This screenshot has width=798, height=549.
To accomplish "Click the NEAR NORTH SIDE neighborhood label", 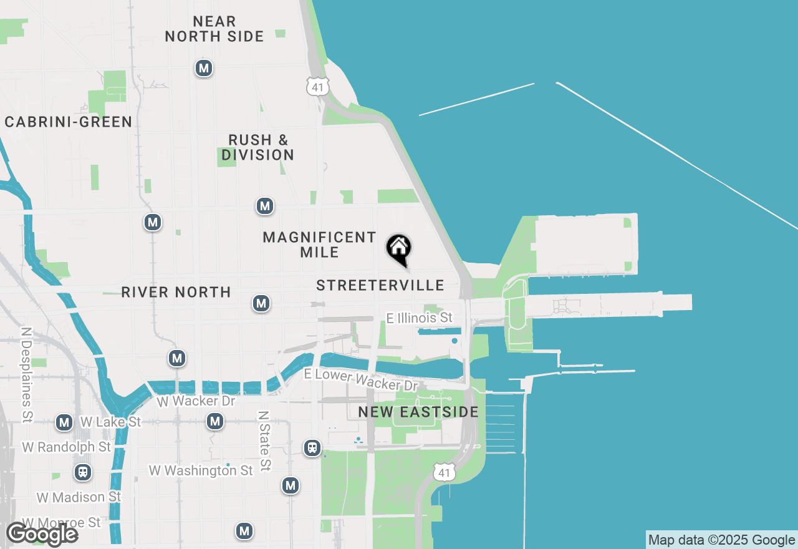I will (214, 29).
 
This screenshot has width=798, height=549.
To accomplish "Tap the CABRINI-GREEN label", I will (69, 122).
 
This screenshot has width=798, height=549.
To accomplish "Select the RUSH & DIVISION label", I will (258, 147).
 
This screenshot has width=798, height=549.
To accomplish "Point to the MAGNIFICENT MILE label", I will (319, 245).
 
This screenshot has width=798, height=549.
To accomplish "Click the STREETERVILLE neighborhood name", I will (380, 286).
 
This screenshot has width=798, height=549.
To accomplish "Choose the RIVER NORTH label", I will (176, 292).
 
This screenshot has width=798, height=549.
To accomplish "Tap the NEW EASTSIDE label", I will (418, 412).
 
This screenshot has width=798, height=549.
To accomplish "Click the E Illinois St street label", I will (420, 318).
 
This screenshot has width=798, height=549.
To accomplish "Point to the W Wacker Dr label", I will (196, 401).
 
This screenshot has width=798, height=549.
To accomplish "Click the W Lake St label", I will (111, 422).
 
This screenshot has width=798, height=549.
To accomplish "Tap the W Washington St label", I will (201, 470).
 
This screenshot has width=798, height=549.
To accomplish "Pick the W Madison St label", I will (79, 497).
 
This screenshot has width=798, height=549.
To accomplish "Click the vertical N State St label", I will (264, 440).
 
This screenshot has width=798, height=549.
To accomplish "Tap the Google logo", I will (42, 534).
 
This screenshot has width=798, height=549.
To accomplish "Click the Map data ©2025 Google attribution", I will (721, 540).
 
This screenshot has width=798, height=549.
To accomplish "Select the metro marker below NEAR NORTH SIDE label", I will (203, 68).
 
